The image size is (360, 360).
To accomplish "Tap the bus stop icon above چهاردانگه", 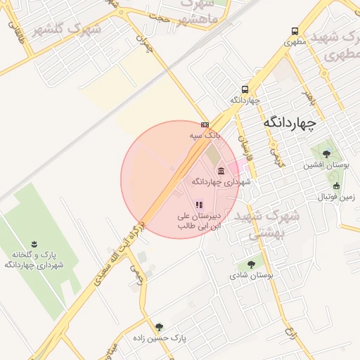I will tap(245, 89).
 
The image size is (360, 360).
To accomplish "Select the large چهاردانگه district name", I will tap(290, 122).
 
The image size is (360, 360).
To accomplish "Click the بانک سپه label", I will tap(205, 134).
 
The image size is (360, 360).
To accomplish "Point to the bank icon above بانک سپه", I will tap(205, 124).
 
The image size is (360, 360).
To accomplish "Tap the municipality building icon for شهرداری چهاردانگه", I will tap(221, 171).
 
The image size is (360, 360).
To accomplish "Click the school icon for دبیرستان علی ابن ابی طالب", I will tap(199, 205).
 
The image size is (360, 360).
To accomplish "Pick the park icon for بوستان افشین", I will tap(325, 153).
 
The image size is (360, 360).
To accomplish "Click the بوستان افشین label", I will tap(326, 165).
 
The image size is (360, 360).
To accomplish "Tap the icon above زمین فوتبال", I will tap(336, 186).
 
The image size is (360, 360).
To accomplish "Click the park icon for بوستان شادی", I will tap(251, 264).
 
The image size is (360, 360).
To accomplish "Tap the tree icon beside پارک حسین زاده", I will tap(159, 326).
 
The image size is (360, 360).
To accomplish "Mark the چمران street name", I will tap(146, 45).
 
